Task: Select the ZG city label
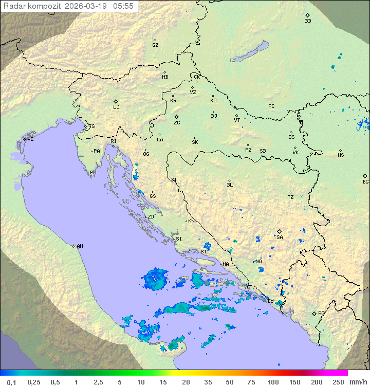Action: [x=177, y=123]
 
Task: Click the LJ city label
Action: [x=116, y=107]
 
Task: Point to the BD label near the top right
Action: [x=308, y=21]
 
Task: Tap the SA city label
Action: [x=280, y=237]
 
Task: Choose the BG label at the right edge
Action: [x=365, y=182]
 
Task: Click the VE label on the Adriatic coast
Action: [x=30, y=139]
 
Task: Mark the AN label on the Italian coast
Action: [x=80, y=246]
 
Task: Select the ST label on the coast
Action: [x=203, y=252]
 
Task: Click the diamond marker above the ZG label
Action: [x=176, y=117]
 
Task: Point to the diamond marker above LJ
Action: [x=116, y=101]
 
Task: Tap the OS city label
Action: [x=291, y=137]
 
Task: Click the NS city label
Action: [x=341, y=155]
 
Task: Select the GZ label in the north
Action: [x=155, y=45]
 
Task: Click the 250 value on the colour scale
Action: [x=338, y=382]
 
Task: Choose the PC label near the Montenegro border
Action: [x=321, y=314]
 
